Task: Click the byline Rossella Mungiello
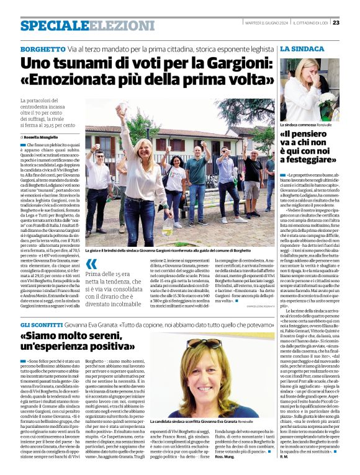[x=41, y=137]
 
